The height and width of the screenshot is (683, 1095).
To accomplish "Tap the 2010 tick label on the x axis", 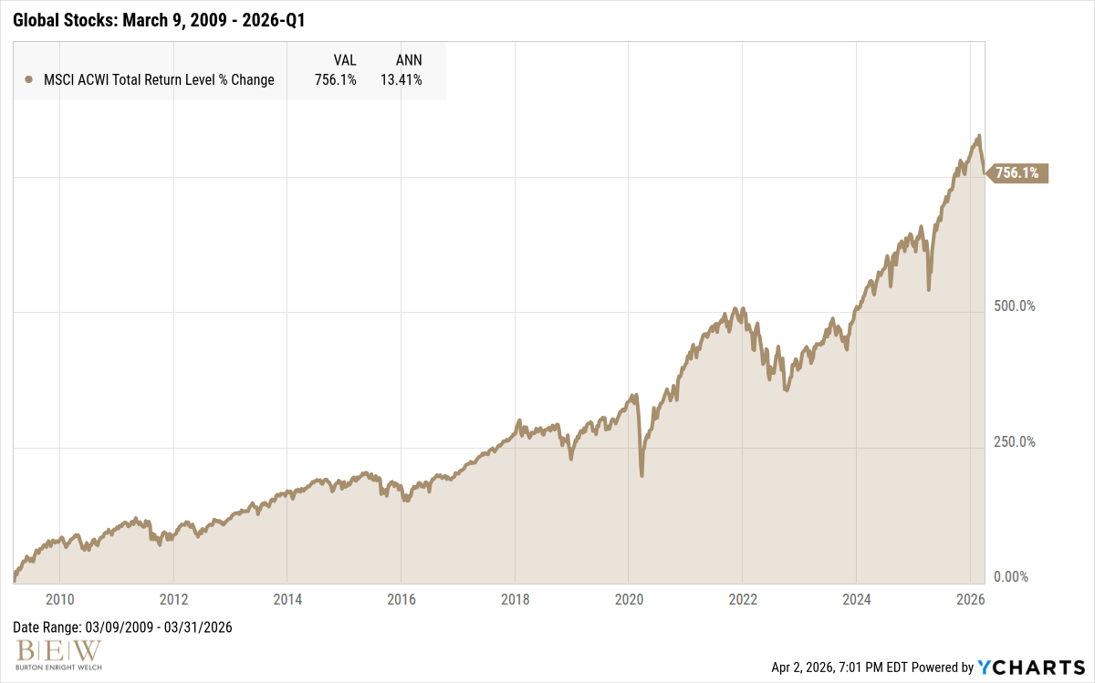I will tap(59, 599).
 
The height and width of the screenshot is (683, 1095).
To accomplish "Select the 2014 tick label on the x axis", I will tap(287, 599).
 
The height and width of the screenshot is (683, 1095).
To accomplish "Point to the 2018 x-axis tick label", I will tap(515, 599).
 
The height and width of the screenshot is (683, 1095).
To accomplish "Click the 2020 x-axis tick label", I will tap(629, 599).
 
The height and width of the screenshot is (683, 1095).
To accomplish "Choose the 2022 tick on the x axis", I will tap(743, 599).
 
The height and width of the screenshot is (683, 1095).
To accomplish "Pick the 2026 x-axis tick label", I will tap(970, 599).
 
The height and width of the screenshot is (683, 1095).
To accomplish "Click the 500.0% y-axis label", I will tap(1015, 305).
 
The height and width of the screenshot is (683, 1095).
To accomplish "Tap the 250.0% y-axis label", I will tap(1015, 441).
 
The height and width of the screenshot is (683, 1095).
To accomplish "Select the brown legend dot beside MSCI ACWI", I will tap(28, 80).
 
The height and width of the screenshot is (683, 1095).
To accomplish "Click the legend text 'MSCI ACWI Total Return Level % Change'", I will tap(159, 80).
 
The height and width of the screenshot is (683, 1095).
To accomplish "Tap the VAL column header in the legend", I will tap(345, 59).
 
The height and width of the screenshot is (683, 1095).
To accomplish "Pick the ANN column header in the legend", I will tap(408, 59).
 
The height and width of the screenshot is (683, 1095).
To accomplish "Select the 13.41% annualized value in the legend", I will tap(401, 80).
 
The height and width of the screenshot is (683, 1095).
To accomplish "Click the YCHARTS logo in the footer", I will tap(1032, 667).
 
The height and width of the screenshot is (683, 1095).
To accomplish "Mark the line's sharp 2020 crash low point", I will tap(641, 475).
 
